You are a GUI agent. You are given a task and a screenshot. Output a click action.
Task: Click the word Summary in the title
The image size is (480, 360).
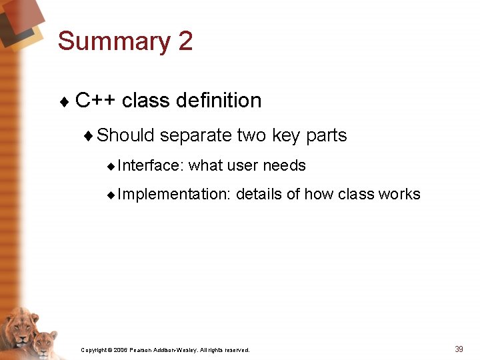pos(114,42)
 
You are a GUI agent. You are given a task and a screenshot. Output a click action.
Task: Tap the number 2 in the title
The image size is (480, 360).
pos(185,41)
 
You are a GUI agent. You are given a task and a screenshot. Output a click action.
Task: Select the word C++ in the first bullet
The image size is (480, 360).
pos(95,101)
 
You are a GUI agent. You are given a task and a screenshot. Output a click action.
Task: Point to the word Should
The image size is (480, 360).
pos(125,135)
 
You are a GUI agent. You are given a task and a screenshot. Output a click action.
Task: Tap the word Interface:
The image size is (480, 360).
pos(151,165)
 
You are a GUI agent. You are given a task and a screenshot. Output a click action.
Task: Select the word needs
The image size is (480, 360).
pos(285,165)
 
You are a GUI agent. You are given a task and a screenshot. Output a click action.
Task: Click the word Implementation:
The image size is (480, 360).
pos(174,195)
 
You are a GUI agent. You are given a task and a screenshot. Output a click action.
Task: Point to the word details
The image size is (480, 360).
pos(259,195)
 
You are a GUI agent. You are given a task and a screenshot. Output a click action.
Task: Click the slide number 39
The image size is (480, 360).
pos(459,349)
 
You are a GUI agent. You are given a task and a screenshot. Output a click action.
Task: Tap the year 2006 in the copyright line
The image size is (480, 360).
pos(121,350)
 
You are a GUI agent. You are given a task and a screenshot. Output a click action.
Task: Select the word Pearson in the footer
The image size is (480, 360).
pos(143,350)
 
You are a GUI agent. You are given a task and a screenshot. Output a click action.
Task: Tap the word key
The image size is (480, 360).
pos(286,135)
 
